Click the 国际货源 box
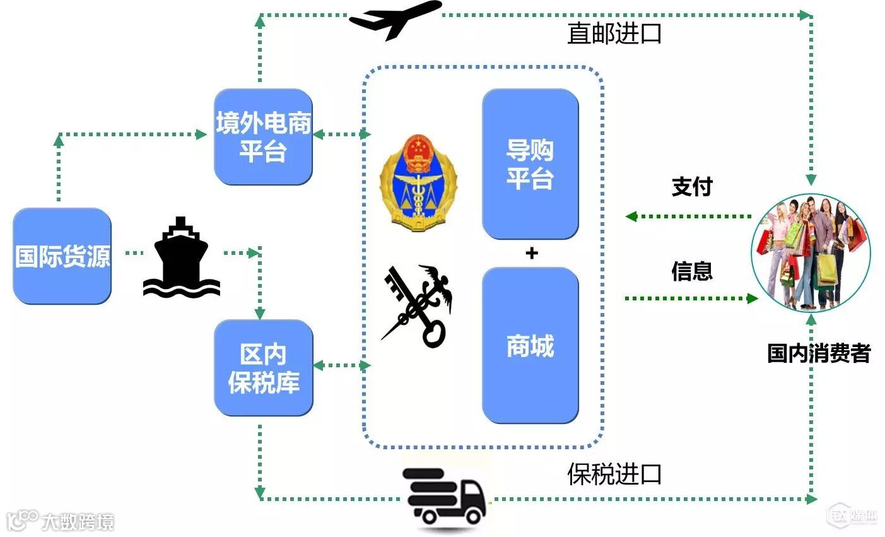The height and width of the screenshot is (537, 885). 62,256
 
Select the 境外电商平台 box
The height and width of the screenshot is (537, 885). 263,137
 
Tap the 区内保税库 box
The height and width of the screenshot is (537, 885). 263,368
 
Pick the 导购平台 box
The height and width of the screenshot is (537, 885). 530,164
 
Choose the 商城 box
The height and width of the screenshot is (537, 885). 530,345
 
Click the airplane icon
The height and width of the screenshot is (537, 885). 396,20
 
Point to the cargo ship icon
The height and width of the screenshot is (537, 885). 182,259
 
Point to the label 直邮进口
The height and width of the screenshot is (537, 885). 614,33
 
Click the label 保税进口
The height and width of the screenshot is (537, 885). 614,474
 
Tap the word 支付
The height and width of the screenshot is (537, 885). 692,187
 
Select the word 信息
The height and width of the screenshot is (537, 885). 692,271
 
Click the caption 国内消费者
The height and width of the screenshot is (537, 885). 819,353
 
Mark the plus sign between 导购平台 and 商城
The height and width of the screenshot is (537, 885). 532,254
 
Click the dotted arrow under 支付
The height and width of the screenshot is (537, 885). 689,216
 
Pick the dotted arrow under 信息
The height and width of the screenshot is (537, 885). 691,298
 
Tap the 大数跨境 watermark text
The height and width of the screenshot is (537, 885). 78,522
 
